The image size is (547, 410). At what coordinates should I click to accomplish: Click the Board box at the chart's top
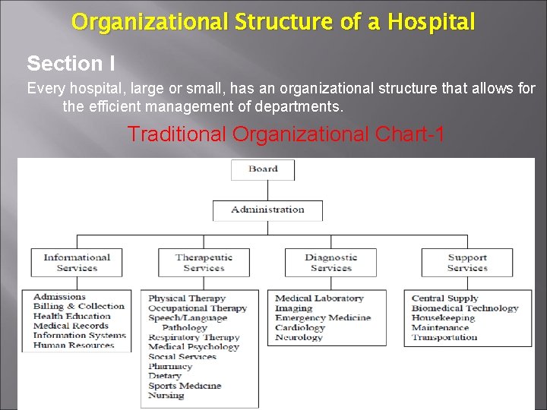click(263, 169)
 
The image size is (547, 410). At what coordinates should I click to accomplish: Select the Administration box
click(267, 210)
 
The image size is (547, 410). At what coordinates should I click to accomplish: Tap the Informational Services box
click(77, 263)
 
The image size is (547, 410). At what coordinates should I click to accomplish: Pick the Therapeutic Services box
click(204, 263)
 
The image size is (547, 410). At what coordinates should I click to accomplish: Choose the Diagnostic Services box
click(331, 263)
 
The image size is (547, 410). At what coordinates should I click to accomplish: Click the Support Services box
click(466, 263)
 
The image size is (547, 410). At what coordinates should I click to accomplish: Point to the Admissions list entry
click(59, 297)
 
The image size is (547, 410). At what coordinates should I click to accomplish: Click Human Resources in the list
click(74, 345)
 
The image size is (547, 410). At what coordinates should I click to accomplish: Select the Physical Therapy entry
click(187, 298)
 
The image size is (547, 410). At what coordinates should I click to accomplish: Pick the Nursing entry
click(166, 395)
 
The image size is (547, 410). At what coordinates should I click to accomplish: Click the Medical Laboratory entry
click(319, 298)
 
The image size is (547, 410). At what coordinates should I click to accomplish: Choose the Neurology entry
click(299, 337)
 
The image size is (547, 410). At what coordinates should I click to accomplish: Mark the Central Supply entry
click(444, 298)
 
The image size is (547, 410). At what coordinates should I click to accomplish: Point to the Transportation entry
click(444, 337)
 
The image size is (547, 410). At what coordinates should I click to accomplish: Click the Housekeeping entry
click(443, 318)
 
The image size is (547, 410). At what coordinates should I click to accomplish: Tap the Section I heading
click(71, 64)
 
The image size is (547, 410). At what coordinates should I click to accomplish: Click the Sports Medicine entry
click(185, 386)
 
